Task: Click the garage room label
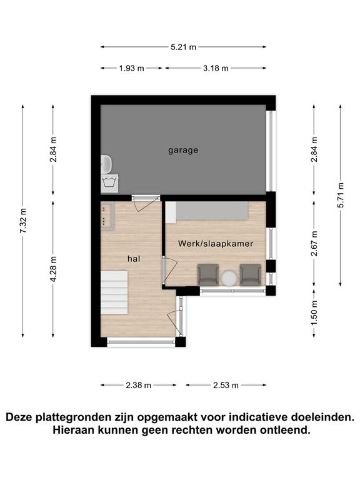click(x=183, y=150)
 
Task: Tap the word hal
click(x=134, y=259)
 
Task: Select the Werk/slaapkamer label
click(x=216, y=244)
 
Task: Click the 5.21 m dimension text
click(x=183, y=47)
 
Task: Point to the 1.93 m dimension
click(x=132, y=68)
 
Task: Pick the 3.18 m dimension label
click(x=216, y=68)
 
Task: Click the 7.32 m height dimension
click(x=23, y=221)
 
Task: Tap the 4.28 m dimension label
click(x=53, y=269)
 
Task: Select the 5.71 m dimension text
click(x=341, y=195)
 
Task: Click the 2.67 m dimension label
click(x=314, y=243)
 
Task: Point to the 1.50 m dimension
click(x=314, y=314)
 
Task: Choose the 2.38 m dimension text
click(x=138, y=385)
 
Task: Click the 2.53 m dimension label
click(x=226, y=385)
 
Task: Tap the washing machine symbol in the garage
click(x=110, y=182)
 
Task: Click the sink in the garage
click(x=106, y=164)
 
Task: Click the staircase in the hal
click(x=114, y=292)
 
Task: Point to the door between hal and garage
click(x=146, y=198)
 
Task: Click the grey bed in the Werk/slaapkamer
click(x=207, y=211)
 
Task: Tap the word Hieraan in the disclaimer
click(x=74, y=430)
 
